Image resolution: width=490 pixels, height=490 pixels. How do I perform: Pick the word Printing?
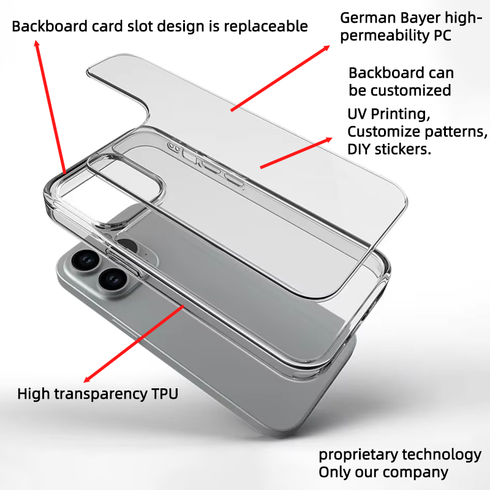[401, 115]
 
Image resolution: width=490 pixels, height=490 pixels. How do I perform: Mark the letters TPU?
[164, 394]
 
